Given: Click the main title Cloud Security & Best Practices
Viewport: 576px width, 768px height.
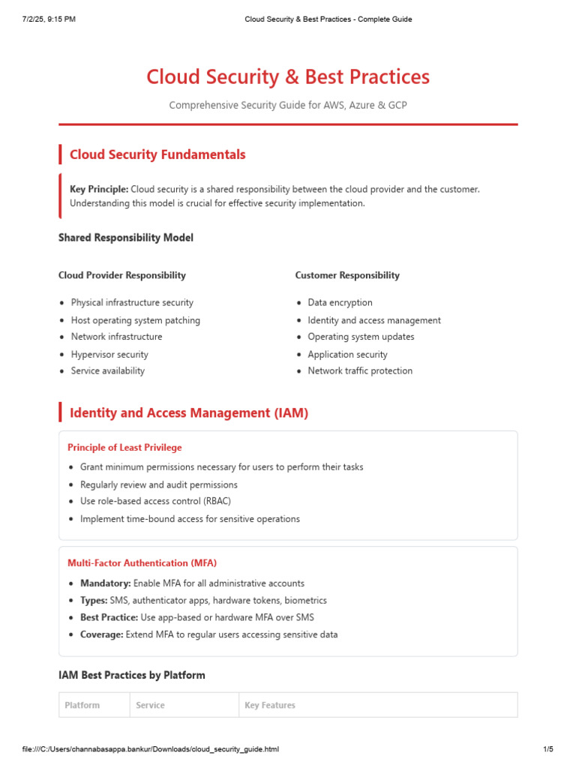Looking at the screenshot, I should (x=288, y=77).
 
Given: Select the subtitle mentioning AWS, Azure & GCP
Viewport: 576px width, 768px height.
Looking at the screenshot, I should (x=288, y=105).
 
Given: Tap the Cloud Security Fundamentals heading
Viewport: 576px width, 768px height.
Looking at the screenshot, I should (x=157, y=154).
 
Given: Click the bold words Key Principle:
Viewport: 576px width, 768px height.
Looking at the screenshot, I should (x=99, y=189).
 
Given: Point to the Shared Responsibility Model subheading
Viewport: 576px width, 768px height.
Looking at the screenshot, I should (x=126, y=238).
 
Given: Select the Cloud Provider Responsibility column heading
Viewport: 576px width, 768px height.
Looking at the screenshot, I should (x=122, y=275).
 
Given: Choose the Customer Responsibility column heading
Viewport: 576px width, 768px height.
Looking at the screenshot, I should (x=347, y=275).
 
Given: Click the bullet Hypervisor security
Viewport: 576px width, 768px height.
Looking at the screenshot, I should (x=109, y=354).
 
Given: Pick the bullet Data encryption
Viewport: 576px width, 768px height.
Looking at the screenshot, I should (x=340, y=302).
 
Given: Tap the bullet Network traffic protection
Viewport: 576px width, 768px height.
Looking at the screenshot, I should (x=360, y=370).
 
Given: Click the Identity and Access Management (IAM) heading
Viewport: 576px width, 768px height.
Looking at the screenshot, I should (x=189, y=412).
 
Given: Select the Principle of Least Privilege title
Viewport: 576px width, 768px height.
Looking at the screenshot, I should (x=124, y=448).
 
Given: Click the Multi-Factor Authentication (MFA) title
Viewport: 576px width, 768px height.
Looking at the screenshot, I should (x=142, y=562).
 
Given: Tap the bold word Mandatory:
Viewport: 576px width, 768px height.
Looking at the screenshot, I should (x=106, y=583).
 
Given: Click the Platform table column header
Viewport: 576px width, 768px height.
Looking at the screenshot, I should (x=82, y=705).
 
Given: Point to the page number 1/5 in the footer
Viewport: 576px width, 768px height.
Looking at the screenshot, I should (x=547, y=749).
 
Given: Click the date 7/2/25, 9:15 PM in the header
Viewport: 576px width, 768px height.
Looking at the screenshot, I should (x=48, y=19).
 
